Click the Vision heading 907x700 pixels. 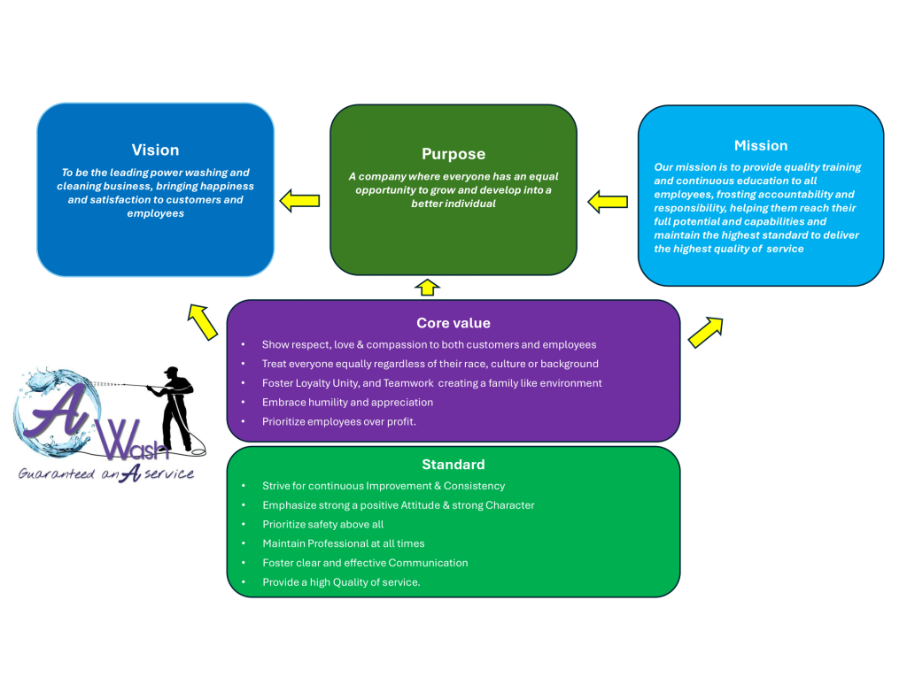(155, 150)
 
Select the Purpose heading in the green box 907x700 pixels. (453, 154)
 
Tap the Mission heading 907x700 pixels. (760, 146)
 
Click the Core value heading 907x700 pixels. (453, 323)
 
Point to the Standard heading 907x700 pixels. (453, 465)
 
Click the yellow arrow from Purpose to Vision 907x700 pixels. (299, 201)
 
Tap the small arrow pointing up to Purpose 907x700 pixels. (427, 287)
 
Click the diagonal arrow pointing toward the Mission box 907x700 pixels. (705, 331)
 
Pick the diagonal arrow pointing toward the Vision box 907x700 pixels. (203, 321)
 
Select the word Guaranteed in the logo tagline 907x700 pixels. (56, 474)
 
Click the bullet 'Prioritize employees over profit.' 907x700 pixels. (338, 422)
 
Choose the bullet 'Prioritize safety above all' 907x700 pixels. (322, 525)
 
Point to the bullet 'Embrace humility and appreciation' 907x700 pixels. (347, 403)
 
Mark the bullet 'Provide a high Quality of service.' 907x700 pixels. (341, 582)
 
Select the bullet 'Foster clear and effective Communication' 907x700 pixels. (365, 563)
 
